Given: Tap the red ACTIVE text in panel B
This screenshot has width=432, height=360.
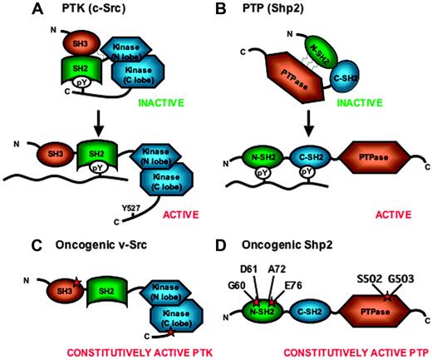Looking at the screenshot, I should pyautogui.click(x=389, y=214).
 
